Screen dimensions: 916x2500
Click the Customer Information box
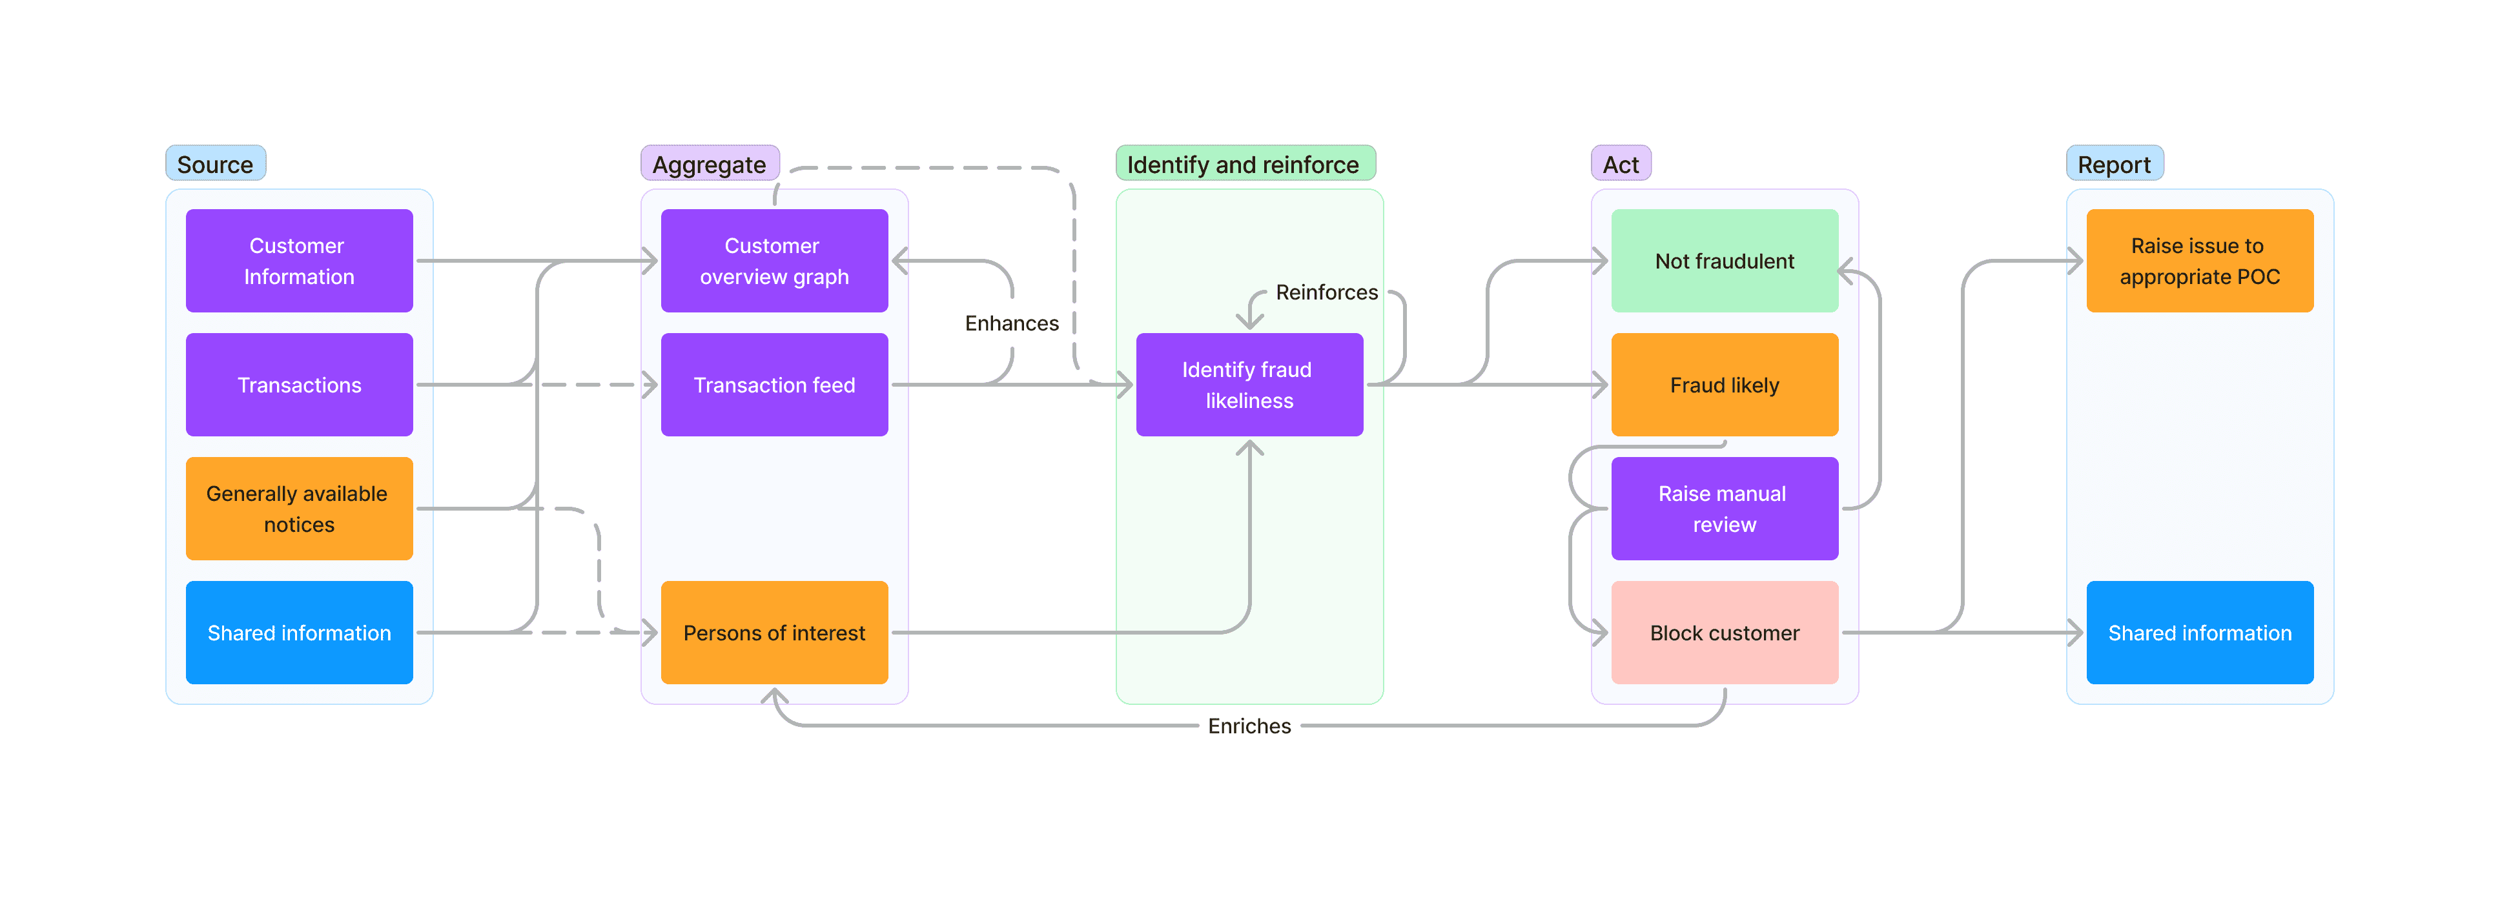(x=299, y=261)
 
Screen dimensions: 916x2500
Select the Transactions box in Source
(x=299, y=385)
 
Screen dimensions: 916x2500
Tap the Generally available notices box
(x=299, y=509)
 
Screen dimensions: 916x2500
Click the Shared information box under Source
(x=299, y=633)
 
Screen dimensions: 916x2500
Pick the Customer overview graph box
(x=774, y=261)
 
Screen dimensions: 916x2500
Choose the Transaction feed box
(x=774, y=385)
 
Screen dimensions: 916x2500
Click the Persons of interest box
(x=774, y=633)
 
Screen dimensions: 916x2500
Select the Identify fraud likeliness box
(x=1248, y=385)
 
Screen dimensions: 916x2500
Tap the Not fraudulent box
(x=1724, y=261)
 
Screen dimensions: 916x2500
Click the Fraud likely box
(x=1724, y=385)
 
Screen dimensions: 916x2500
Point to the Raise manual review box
(x=1724, y=509)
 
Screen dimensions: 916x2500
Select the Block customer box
(x=1724, y=633)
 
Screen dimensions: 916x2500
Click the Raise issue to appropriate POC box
(x=2199, y=261)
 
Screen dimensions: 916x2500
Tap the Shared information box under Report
(x=2199, y=633)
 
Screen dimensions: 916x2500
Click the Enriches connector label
(x=1249, y=726)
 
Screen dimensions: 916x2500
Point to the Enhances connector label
(x=1011, y=323)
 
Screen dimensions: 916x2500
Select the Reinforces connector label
(x=1326, y=292)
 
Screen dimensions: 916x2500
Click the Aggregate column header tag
(x=710, y=164)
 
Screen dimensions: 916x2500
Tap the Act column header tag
(x=1620, y=164)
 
